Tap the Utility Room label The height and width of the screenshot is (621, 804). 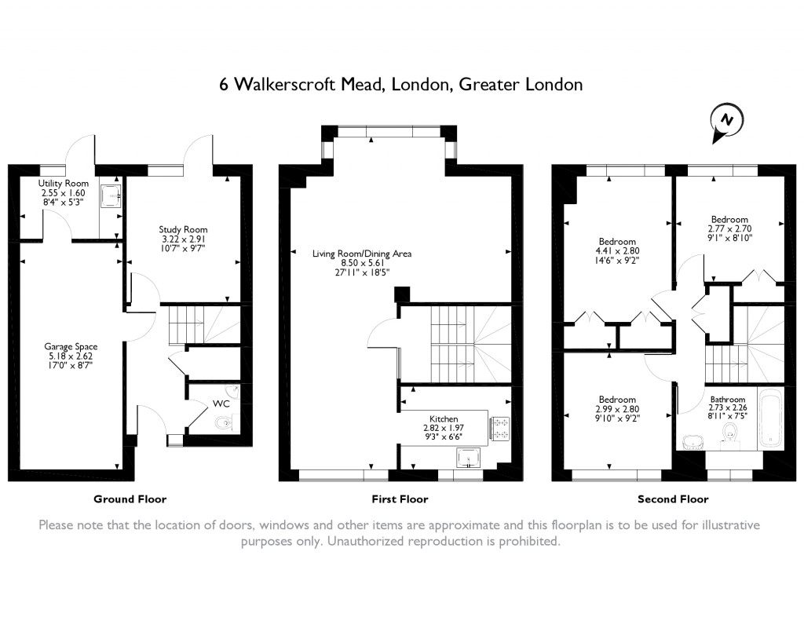64,184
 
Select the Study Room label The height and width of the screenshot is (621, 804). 183,229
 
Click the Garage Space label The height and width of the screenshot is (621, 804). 71,345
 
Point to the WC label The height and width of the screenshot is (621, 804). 221,404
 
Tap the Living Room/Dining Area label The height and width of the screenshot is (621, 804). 362,254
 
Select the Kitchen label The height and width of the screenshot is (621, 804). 443,419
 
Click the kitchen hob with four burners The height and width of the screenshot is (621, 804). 499,428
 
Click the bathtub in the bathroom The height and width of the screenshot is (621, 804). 770,418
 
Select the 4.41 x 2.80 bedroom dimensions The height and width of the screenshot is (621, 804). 617,251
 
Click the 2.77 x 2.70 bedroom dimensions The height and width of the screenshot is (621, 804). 729,229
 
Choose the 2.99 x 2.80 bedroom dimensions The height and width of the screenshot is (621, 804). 617,409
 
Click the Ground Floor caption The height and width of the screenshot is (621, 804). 130,499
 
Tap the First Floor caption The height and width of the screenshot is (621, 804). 400,499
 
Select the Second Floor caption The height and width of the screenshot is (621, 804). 673,499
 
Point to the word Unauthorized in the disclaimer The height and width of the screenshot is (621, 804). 373,542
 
